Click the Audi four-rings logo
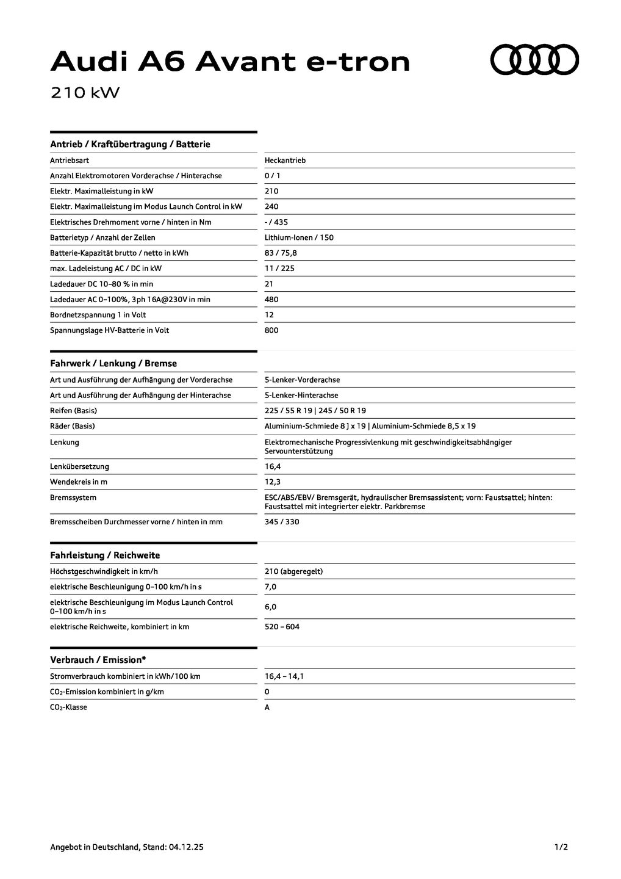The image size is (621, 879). coord(534,60)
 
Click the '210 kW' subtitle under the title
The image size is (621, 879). coord(85,93)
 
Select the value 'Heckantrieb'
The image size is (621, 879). coord(285,161)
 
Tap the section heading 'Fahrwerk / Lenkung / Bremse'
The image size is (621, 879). coord(113,363)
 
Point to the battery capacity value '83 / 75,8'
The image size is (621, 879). coord(281,253)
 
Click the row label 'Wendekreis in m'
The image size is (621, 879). coord(79,482)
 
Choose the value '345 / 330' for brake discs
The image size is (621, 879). coord(282,522)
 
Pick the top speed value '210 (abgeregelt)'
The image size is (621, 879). coord(293,571)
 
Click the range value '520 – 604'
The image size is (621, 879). coord(282,627)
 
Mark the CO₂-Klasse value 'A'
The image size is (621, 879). coord(267,707)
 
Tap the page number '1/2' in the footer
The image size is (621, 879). coord(561,847)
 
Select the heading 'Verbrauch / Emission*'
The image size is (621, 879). coord(98,660)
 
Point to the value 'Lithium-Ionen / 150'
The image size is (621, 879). coord(299,237)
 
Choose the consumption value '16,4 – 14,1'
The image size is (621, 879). coord(284,676)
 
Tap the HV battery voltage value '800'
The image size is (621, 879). coord(271,330)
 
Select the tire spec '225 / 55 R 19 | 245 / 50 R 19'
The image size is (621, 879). coord(315,411)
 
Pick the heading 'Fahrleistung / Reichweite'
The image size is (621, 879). coord(105,555)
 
